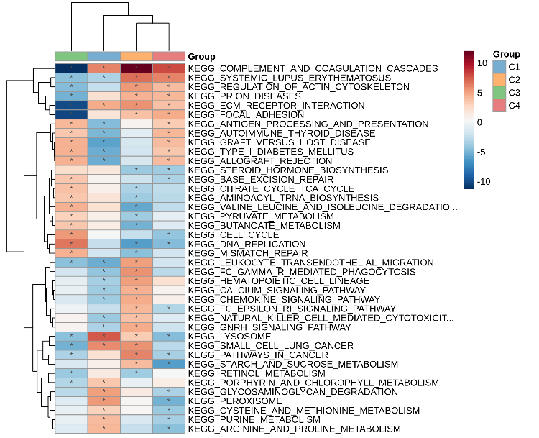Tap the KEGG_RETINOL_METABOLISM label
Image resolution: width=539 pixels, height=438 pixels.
[x=236, y=373]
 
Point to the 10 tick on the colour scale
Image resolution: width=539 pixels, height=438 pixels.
[x=481, y=63]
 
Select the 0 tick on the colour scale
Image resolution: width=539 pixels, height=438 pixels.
[x=479, y=122]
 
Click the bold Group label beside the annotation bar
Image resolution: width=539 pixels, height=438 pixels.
[x=201, y=57]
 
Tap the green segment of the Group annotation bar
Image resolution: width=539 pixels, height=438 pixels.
[x=71, y=57]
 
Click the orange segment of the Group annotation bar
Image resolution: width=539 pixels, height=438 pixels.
[x=137, y=57]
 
